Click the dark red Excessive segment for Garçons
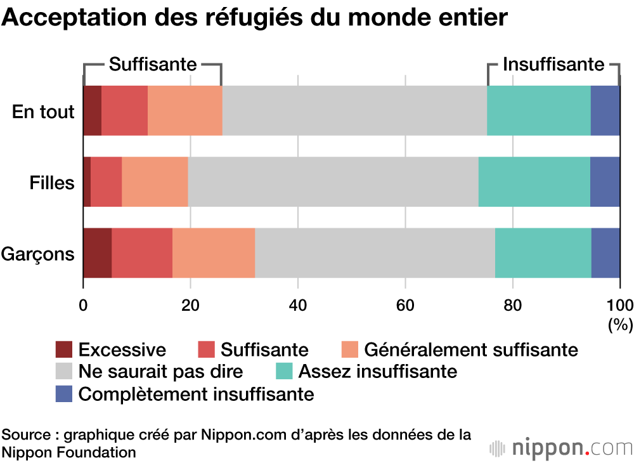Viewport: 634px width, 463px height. click(97, 253)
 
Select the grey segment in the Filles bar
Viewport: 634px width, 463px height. click(333, 182)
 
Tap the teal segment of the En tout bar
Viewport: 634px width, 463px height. click(538, 110)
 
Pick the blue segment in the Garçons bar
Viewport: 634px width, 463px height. click(605, 253)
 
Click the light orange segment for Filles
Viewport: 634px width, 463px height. click(155, 182)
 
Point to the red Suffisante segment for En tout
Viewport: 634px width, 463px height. click(124, 110)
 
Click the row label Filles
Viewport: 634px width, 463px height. click(52, 183)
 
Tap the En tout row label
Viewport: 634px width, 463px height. click(44, 112)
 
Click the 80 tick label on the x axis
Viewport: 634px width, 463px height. click(512, 304)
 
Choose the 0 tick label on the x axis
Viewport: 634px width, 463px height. click(83, 304)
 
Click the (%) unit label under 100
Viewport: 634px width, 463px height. click(620, 325)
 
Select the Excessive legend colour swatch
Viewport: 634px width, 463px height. click(64, 349)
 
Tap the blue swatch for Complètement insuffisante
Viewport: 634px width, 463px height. click(64, 394)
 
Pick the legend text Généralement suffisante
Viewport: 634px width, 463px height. click(471, 349)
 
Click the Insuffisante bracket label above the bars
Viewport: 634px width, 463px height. click(553, 64)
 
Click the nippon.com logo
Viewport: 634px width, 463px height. click(562, 448)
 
